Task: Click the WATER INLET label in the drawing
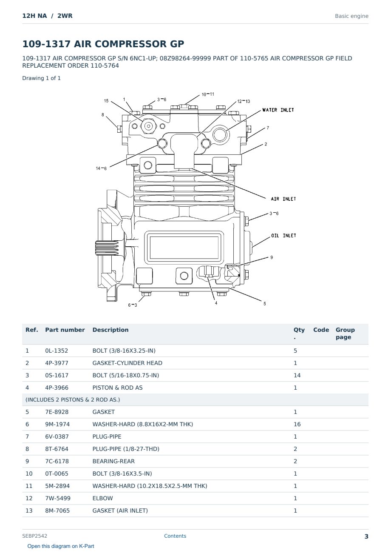coord(278,110)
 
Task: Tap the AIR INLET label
coord(283,199)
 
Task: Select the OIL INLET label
coord(283,236)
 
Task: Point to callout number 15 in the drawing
coord(106,101)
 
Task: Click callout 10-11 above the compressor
coord(208,94)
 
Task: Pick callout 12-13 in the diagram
coord(244,101)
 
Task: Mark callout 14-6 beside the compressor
coord(101,168)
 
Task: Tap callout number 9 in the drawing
coord(272,257)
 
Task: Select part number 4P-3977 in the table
coord(57,363)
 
